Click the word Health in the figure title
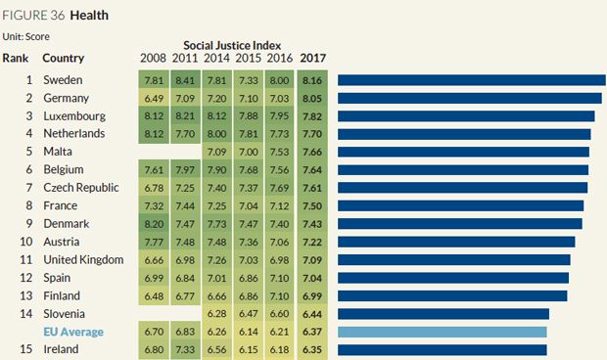coord(89,16)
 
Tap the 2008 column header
coord(154,58)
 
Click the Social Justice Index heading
coord(233,45)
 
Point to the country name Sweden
coord(64,79)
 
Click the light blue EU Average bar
coord(443,332)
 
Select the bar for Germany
coord(470,98)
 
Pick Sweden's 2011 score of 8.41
coord(186,79)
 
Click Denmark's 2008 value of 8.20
coord(154,223)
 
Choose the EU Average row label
coord(73,332)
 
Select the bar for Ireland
coord(442,349)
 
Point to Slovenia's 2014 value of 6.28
coord(217,313)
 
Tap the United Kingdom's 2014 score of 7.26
coord(217,259)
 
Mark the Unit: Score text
coord(25,36)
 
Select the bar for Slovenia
coord(444,313)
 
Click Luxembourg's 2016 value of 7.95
coord(281,115)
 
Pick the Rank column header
coord(17,58)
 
